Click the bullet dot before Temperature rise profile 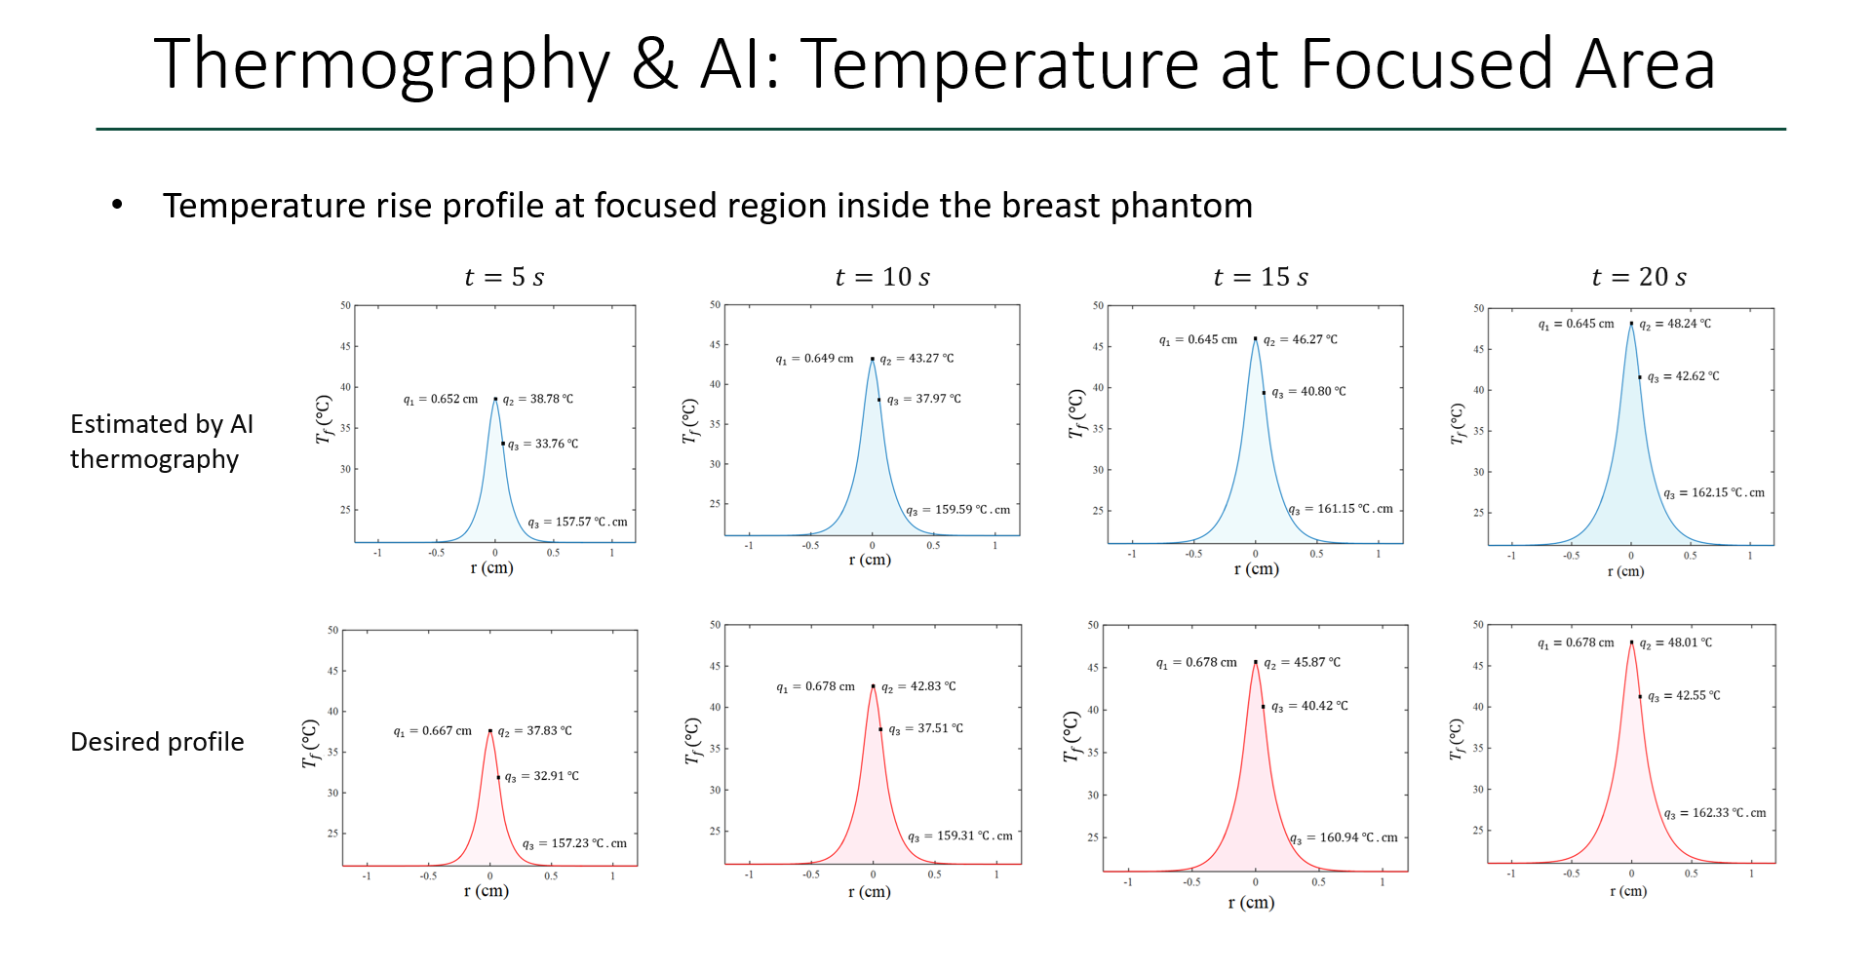point(117,205)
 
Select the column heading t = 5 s point(504,278)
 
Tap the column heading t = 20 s point(1638,278)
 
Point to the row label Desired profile point(157,742)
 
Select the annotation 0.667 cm point(446,731)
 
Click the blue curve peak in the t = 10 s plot point(873,360)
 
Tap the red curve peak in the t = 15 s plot point(1256,663)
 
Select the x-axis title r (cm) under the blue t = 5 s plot point(491,568)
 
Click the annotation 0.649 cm point(828,359)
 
